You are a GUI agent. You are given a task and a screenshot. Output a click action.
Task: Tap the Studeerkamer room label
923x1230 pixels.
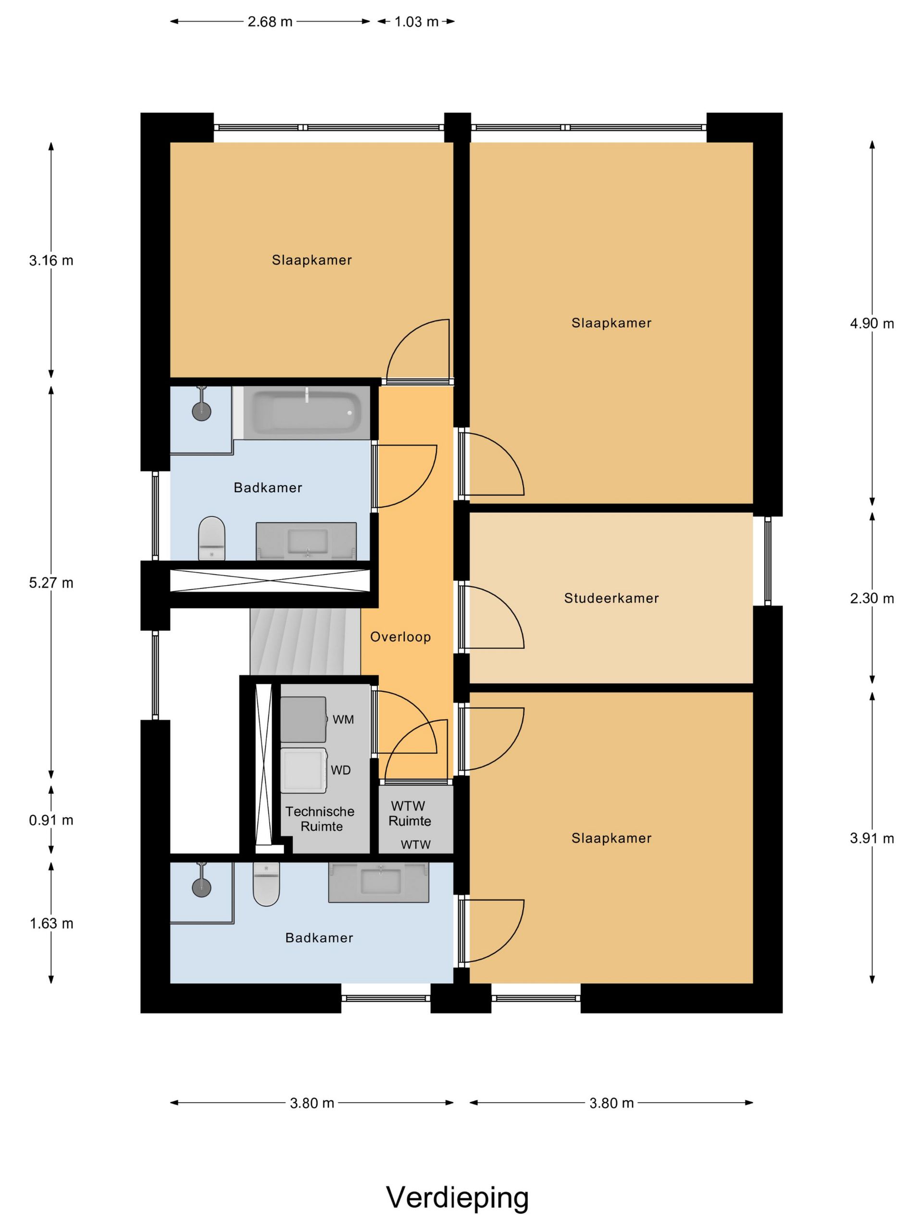[x=611, y=598]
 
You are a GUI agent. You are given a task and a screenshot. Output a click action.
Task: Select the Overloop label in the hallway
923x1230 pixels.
[x=400, y=637]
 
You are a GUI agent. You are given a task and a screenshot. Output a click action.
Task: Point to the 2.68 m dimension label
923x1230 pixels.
[x=270, y=22]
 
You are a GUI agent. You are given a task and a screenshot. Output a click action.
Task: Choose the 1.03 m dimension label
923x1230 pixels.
[x=417, y=22]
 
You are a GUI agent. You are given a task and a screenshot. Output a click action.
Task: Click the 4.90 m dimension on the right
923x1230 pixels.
[x=872, y=324]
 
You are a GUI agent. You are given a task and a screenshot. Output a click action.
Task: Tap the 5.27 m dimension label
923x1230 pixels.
[x=51, y=583]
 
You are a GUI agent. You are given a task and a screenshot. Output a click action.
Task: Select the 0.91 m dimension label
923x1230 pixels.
[x=51, y=820]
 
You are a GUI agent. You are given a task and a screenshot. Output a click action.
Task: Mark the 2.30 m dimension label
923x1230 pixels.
[x=872, y=598]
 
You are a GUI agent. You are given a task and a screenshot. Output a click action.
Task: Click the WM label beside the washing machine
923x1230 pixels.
[x=343, y=720]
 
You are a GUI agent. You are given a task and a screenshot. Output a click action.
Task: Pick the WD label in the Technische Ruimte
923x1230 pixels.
[x=340, y=770]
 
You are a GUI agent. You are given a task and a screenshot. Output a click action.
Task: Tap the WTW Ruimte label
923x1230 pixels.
[x=410, y=813]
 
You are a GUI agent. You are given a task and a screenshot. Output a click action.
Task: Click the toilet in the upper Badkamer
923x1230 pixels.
[x=212, y=538]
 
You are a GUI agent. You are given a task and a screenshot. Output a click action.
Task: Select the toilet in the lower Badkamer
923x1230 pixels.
[x=266, y=884]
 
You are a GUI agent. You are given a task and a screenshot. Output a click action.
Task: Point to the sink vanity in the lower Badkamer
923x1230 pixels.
[x=378, y=883]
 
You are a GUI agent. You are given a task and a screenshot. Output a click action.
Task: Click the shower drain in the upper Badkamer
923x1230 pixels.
[x=201, y=411]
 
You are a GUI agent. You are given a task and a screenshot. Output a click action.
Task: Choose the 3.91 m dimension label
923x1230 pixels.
[x=872, y=838]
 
